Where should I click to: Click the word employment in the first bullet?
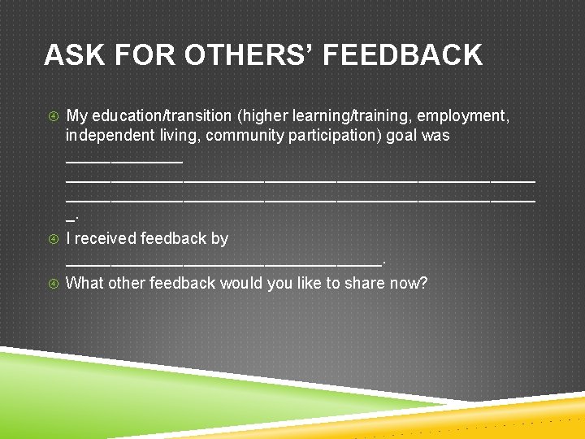coord(462,116)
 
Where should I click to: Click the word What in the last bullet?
coord(84,283)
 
